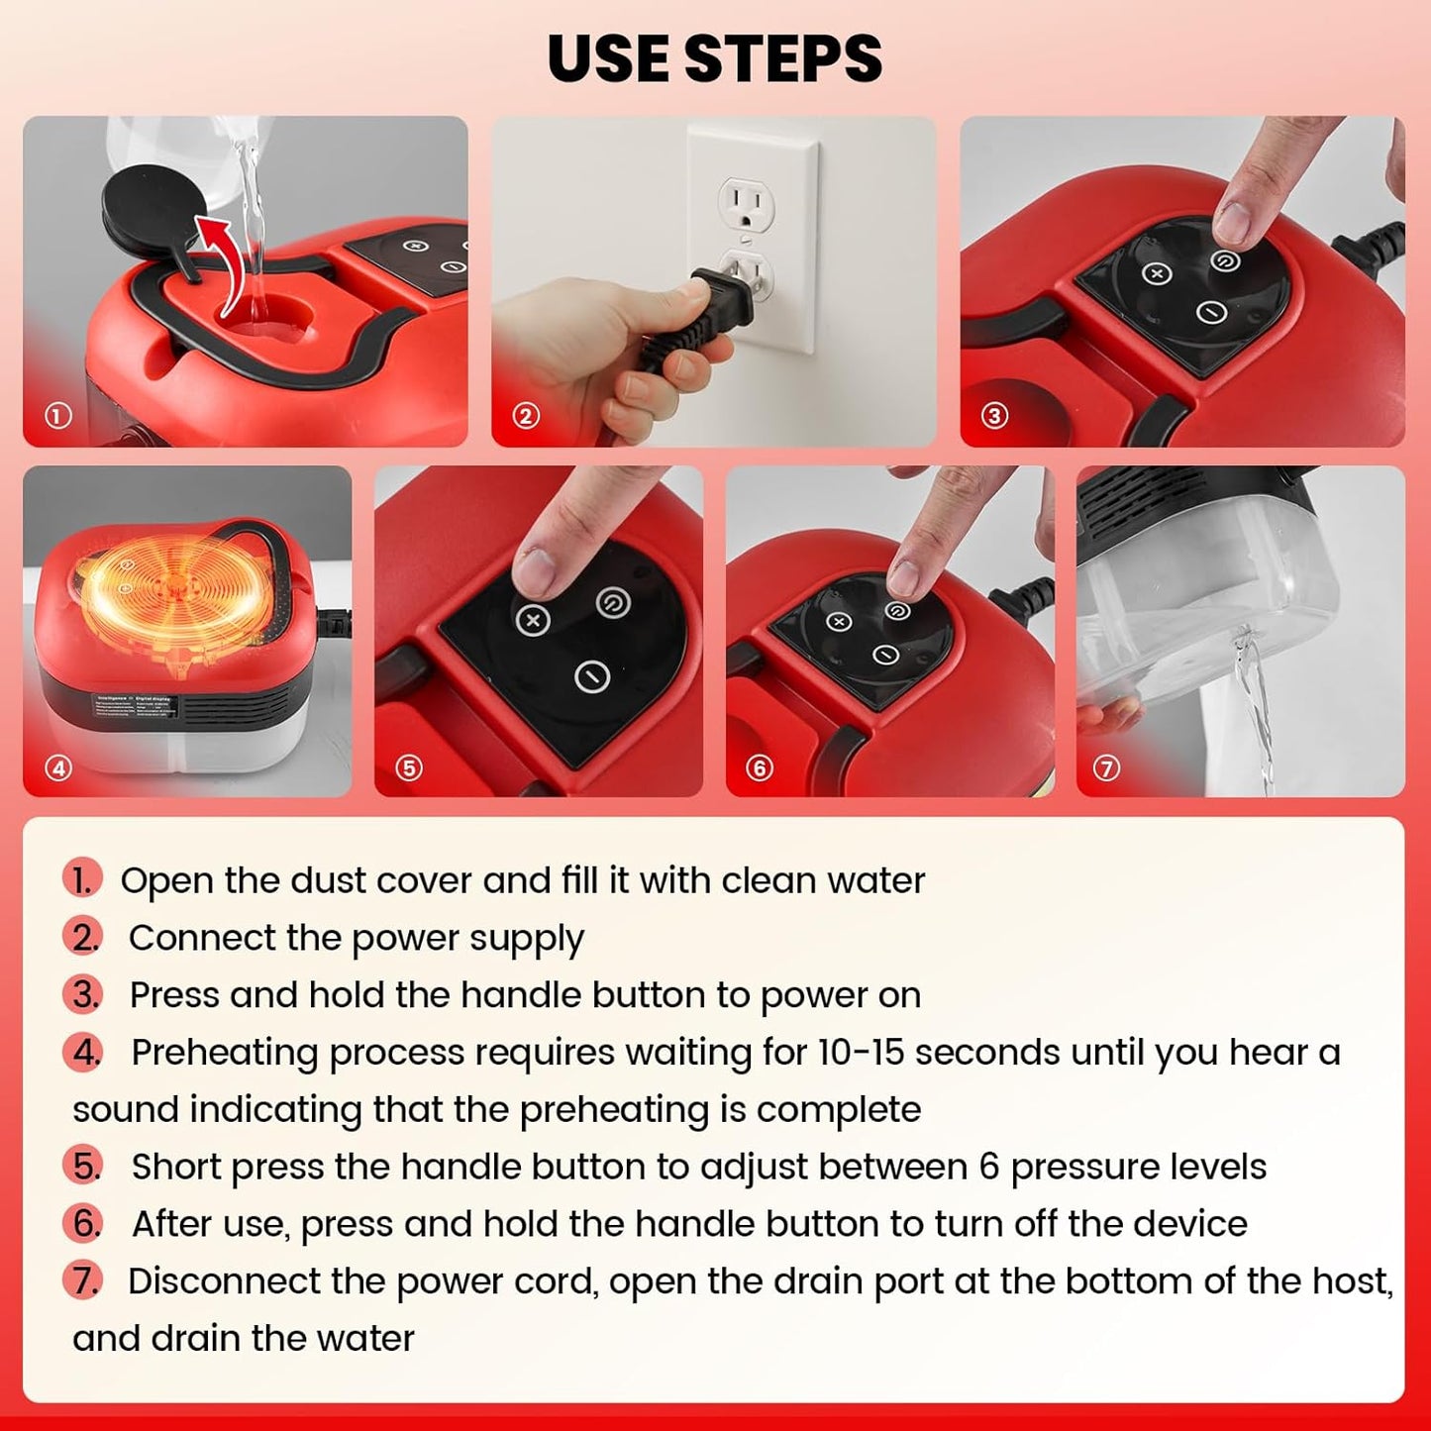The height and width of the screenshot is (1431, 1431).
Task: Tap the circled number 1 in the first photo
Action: click(x=58, y=416)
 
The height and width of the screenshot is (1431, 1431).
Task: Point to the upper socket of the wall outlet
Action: click(x=746, y=204)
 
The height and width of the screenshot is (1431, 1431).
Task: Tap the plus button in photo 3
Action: click(x=1157, y=273)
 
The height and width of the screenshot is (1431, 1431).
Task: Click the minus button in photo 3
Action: click(x=1211, y=313)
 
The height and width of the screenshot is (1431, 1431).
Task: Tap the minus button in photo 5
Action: click(x=591, y=676)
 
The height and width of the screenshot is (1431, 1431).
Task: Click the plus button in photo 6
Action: click(x=839, y=622)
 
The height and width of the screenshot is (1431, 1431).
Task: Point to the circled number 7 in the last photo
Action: click(x=1106, y=768)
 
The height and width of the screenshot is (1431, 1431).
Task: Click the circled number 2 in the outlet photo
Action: click(x=526, y=416)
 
